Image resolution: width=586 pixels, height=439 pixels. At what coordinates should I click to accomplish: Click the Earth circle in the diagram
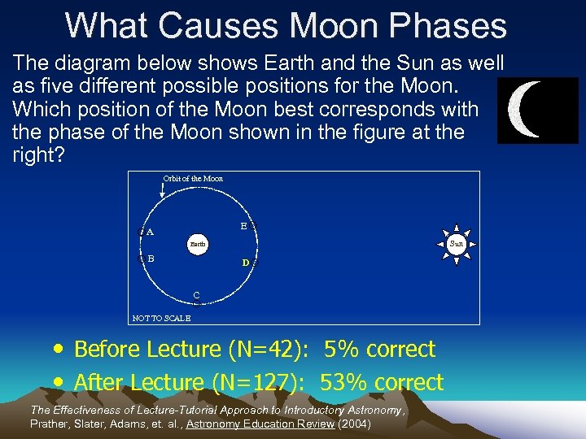199,243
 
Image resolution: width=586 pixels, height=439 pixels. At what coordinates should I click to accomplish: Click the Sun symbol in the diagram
456,243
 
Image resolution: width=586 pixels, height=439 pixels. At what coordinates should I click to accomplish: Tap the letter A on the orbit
150,232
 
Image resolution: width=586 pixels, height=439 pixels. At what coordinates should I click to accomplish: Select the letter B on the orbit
151,259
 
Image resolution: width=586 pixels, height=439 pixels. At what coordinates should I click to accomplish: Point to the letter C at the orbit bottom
196,294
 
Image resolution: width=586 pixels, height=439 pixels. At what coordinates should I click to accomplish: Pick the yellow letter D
245,263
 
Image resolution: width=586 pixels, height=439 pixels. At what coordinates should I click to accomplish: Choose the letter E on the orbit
243,226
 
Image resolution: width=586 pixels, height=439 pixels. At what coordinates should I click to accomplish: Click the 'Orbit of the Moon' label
193,179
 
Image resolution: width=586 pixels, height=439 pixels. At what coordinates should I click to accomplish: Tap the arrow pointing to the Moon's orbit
163,190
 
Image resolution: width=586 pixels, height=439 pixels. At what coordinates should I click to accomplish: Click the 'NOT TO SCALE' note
161,318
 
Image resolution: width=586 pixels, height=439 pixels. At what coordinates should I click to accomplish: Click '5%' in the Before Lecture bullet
342,350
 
